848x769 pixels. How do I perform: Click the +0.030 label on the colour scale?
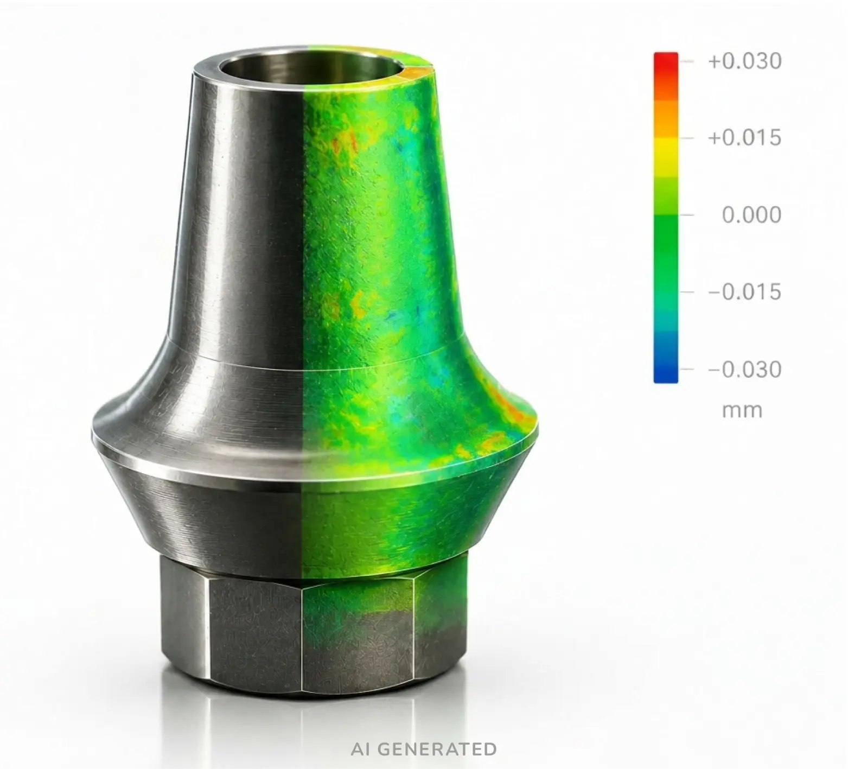744,61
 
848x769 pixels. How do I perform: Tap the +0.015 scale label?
744,138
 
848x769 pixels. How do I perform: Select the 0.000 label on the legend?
751,215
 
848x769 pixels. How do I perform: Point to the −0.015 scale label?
744,292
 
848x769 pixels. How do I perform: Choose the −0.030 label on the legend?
744,370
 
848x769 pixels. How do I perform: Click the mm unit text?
742,410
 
